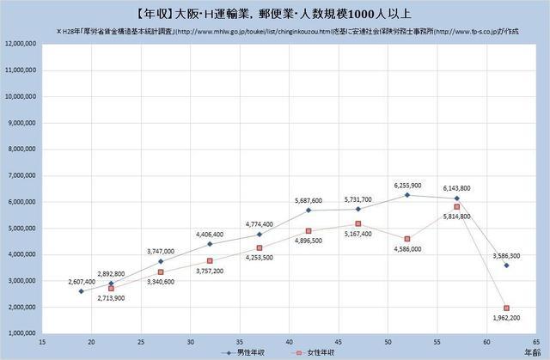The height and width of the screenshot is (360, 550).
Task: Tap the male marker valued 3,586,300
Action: click(507, 265)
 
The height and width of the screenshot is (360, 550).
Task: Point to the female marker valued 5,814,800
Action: click(457, 206)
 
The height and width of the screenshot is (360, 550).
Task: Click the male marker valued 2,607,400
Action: click(81, 291)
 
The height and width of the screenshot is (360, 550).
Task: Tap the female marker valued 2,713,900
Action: click(111, 288)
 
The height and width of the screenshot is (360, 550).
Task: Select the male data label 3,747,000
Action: click(161, 252)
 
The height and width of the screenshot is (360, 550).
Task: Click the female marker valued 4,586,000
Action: click(408, 239)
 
